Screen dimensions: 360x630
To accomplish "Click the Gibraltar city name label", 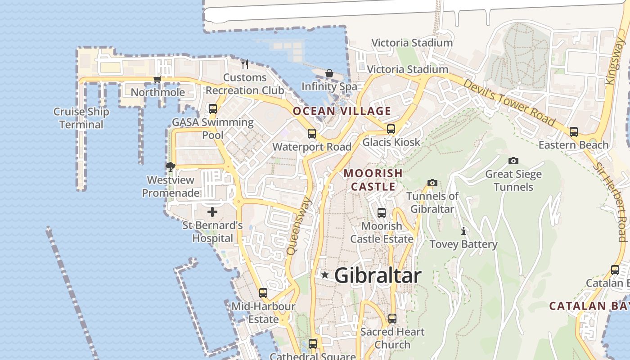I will (378, 275).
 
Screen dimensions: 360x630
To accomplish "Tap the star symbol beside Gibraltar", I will (324, 274).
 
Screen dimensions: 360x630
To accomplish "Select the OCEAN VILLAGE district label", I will (342, 111).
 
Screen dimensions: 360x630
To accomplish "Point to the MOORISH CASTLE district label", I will (373, 180).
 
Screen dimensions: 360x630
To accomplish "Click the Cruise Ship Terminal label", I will (81, 118).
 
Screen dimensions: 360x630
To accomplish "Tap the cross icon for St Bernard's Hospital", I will (212, 211).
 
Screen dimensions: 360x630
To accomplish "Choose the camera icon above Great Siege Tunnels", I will (513, 161).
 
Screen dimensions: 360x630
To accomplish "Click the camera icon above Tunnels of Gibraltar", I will (432, 183).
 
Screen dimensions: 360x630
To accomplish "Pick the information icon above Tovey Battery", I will (463, 231).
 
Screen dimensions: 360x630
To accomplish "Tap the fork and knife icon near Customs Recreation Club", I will (245, 64).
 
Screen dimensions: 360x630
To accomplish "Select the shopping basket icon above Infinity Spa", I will (329, 73).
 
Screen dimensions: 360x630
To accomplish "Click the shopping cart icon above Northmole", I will (157, 80).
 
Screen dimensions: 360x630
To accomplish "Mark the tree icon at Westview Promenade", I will (171, 167).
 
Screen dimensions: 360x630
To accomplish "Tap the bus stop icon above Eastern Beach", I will (574, 132).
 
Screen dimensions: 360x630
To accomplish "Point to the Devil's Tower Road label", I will (509, 103).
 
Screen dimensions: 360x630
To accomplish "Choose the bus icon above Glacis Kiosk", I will (391, 129).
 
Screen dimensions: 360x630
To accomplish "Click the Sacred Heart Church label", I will (392, 338).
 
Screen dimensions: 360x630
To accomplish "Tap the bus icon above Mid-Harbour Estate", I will (263, 293).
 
